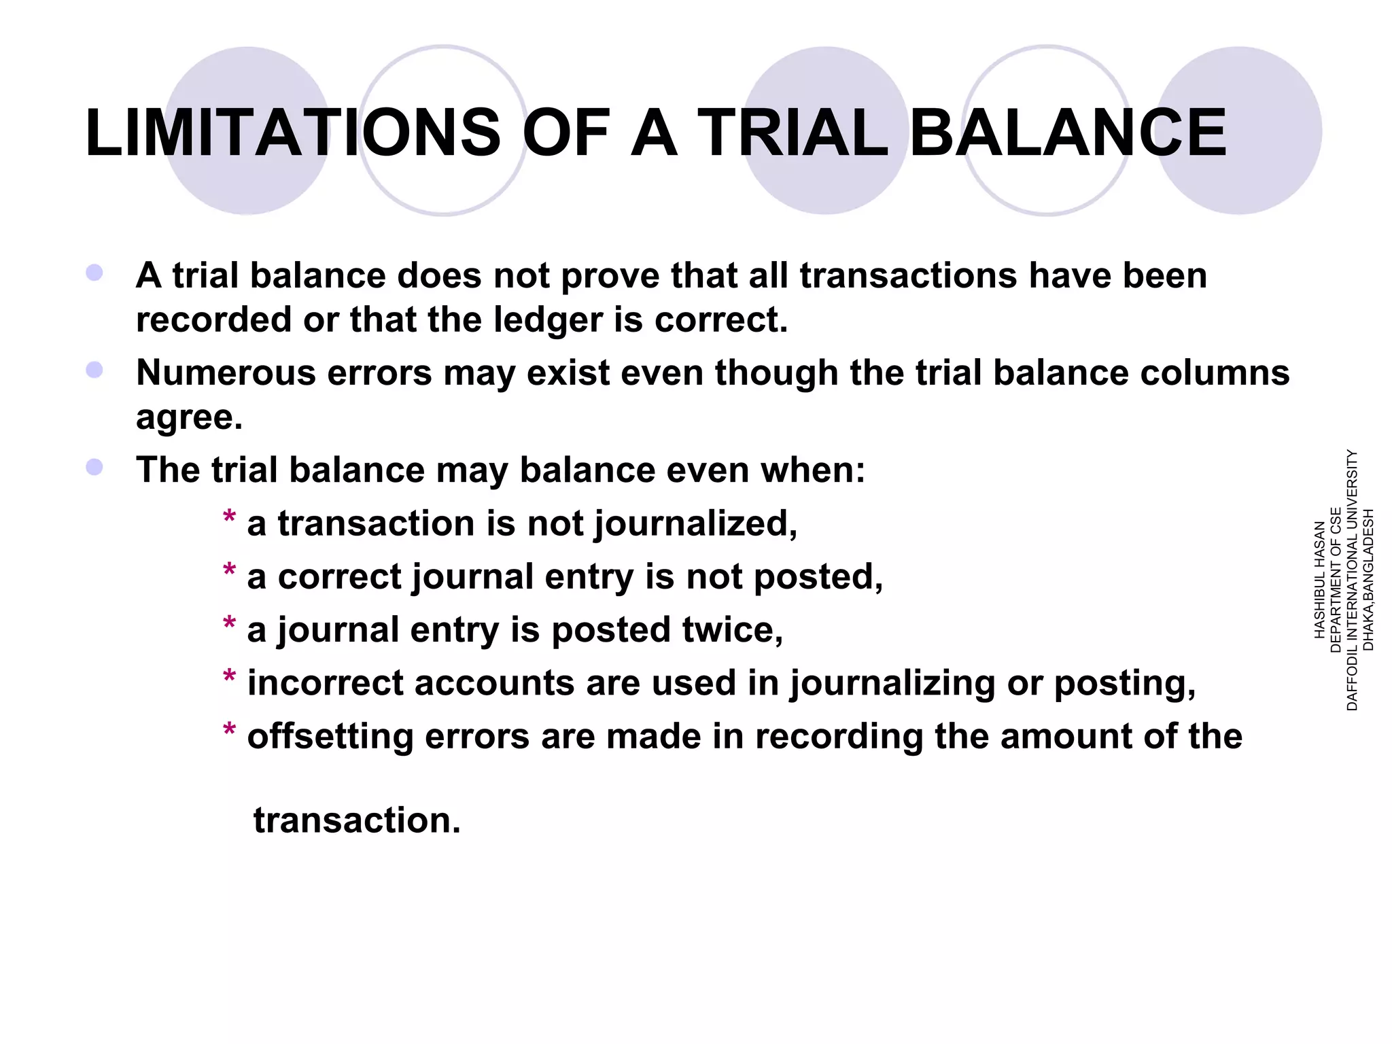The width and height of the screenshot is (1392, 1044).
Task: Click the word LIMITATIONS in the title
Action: point(292,133)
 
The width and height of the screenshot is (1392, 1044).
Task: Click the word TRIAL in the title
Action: point(793,133)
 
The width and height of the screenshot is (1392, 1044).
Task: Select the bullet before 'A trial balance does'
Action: point(94,273)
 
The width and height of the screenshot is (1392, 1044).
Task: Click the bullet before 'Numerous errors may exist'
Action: point(94,370)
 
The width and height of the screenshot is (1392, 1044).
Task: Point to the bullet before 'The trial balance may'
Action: point(94,468)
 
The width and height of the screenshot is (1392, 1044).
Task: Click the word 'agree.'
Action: point(189,416)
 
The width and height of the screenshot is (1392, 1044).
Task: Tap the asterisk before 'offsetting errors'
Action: point(229,732)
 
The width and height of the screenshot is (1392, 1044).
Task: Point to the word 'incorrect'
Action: point(325,682)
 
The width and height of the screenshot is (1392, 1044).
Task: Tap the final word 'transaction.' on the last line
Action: point(357,820)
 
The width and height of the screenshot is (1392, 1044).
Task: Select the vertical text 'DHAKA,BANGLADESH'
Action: point(1369,580)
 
